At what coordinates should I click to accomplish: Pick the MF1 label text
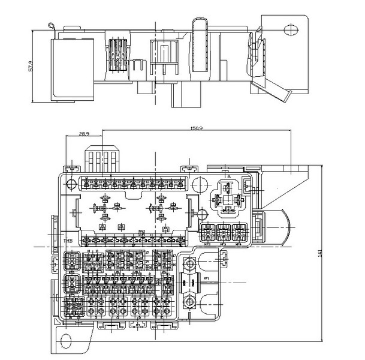[207, 278]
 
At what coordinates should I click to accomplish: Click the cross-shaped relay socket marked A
[228, 197]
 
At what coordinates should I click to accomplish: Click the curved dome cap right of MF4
[282, 227]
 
